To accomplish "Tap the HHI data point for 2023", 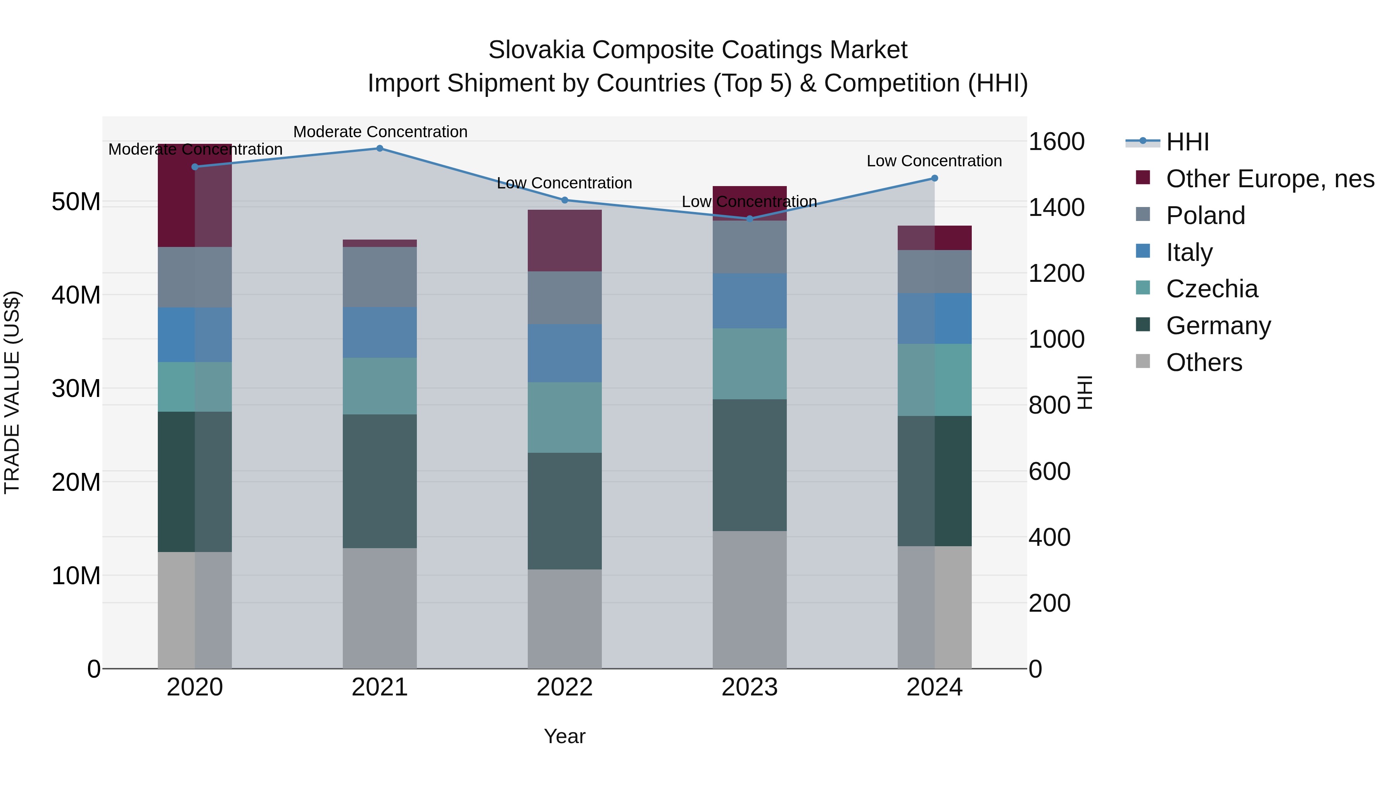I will (x=750, y=219).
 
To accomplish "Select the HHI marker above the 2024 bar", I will (x=934, y=178).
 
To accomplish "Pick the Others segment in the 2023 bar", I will (x=750, y=599).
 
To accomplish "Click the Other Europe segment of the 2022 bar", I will (x=564, y=240).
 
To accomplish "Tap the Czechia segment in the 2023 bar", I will (x=750, y=364).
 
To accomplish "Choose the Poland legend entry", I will (x=1205, y=216).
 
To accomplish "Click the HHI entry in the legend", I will (x=1187, y=142).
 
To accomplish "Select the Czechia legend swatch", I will (x=1142, y=288).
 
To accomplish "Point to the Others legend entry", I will (x=1204, y=362).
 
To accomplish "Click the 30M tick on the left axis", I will (x=76, y=388).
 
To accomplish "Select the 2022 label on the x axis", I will (x=564, y=687).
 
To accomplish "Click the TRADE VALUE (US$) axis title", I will (x=12, y=392).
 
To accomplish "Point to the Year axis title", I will (x=564, y=736).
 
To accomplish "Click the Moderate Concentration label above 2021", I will (x=380, y=132).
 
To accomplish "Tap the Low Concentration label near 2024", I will (x=934, y=161).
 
